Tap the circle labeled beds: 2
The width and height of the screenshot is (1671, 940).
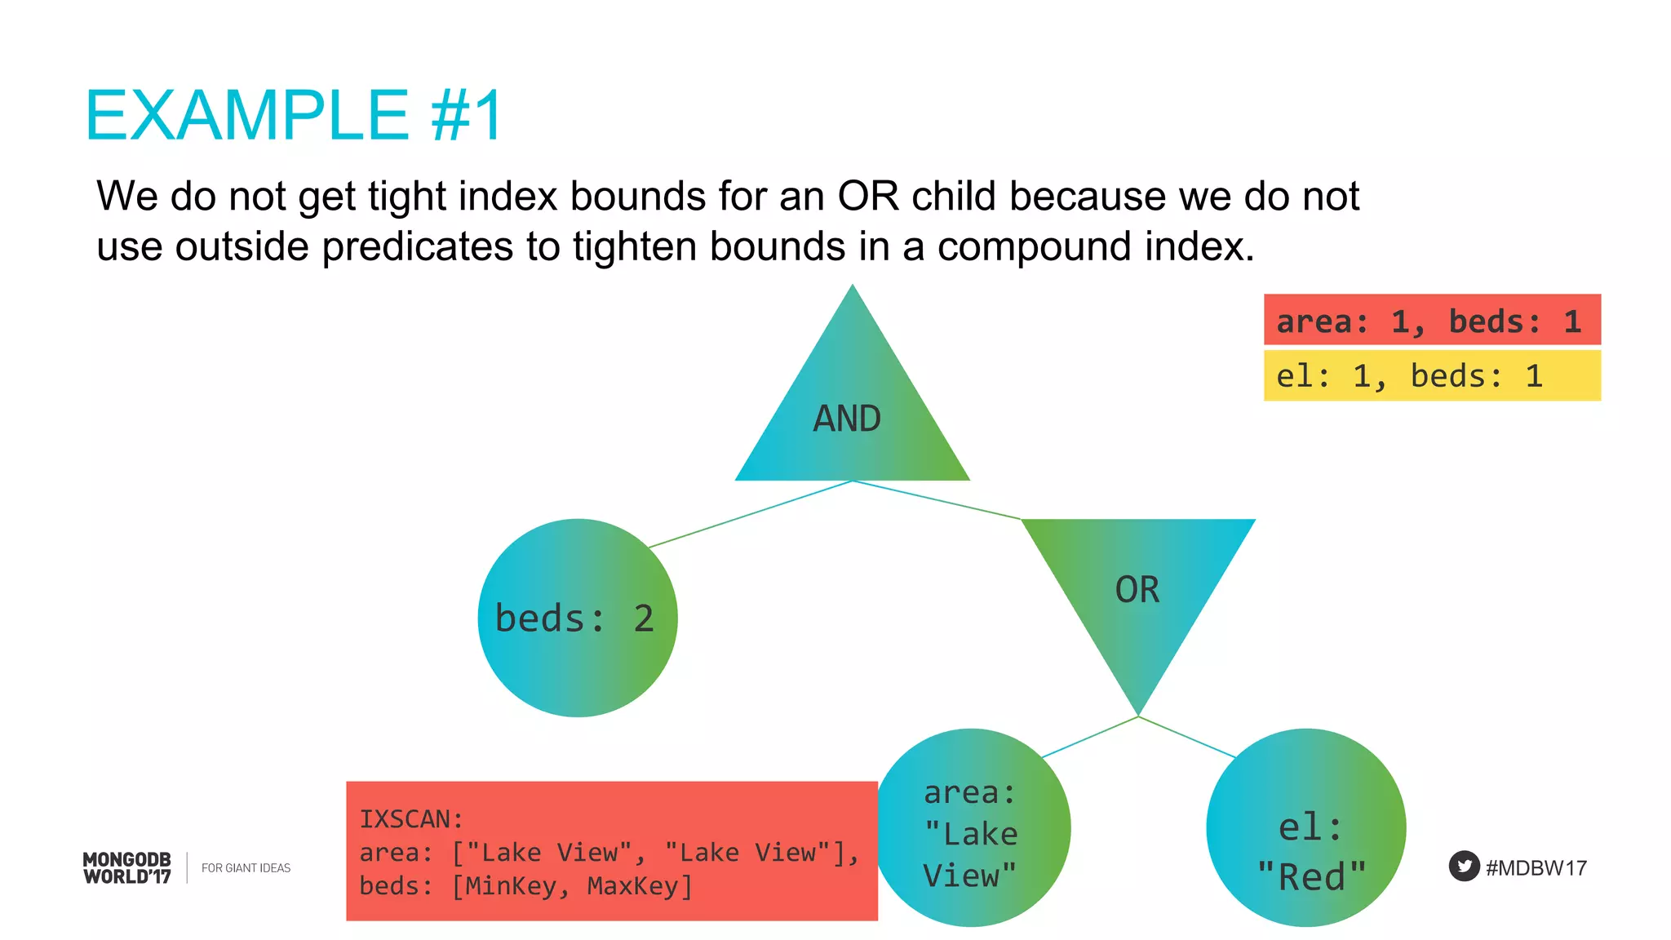point(577,618)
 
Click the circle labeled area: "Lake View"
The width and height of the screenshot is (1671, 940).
point(971,828)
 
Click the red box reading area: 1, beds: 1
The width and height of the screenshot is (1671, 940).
point(1431,320)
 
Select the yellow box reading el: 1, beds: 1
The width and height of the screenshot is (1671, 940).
point(1431,375)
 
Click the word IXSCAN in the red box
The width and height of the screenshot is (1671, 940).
point(410,818)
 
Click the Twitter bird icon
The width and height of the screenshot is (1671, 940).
point(1464,867)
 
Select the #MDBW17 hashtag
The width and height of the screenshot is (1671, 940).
point(1536,867)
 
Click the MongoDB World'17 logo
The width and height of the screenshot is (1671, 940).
point(127,867)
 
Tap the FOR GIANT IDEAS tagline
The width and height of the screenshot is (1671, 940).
point(246,867)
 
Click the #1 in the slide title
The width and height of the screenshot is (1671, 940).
point(467,117)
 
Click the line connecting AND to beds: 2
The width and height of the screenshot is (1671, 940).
point(751,513)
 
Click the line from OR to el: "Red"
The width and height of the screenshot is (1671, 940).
point(1187,737)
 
